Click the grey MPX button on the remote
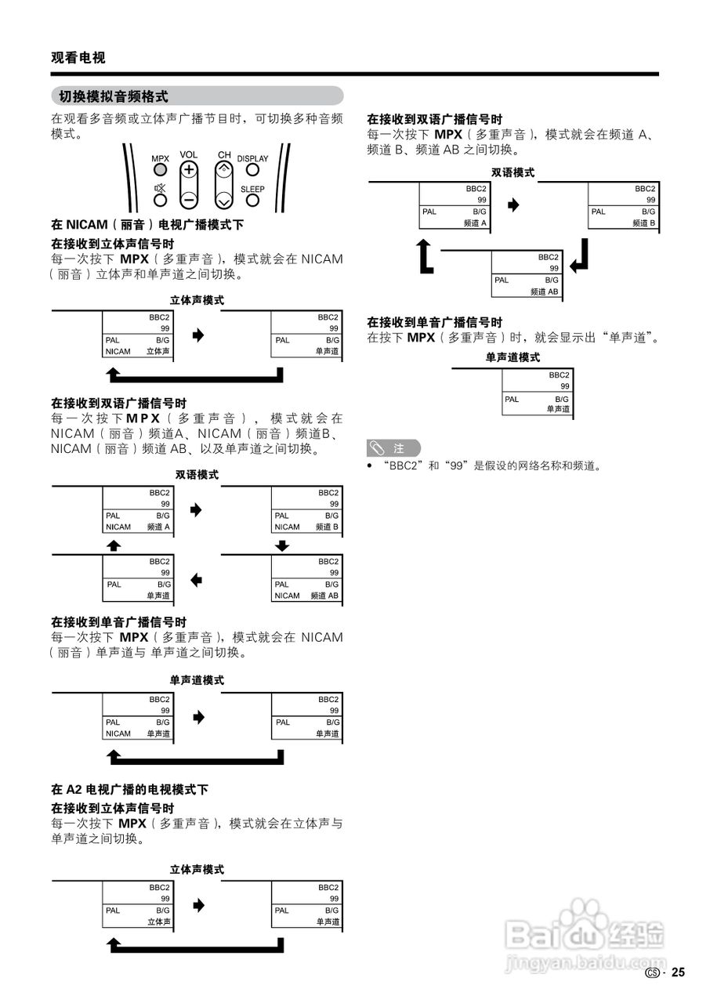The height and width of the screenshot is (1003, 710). pos(160,169)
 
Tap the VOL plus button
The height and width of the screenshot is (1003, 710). pos(188,170)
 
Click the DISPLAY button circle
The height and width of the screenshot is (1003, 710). pos(252,170)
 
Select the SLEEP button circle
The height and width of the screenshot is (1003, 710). pos(252,201)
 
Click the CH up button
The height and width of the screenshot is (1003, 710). pos(224,170)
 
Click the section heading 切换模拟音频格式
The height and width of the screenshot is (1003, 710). pos(114,96)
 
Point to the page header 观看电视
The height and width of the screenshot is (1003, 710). pos(78,57)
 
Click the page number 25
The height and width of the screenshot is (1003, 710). pos(678,972)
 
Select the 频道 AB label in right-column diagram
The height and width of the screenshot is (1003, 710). pos(544,291)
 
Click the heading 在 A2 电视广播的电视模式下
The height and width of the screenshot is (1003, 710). pos(129,789)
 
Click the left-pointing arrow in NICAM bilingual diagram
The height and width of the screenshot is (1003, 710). pos(197,581)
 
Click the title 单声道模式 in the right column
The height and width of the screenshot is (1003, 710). pos(513,357)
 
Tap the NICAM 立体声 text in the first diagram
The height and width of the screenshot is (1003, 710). pos(137,352)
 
